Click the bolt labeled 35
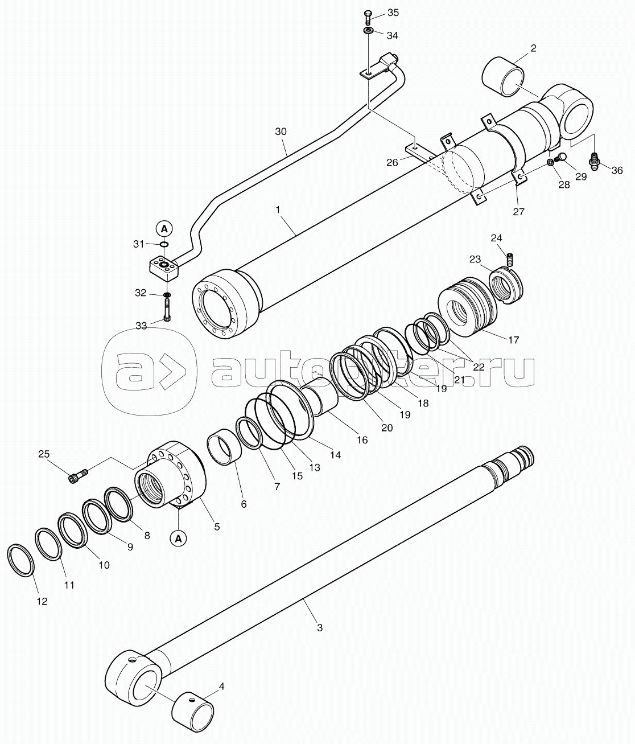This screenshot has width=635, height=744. point(366,17)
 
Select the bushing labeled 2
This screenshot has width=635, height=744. point(503,76)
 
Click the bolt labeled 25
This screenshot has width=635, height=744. point(78,475)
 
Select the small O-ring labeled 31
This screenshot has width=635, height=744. point(164,245)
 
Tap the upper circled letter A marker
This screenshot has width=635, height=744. point(164,229)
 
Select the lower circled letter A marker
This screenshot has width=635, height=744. point(179,539)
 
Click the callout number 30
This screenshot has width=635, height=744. point(281,131)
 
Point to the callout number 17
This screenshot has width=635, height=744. point(513,340)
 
